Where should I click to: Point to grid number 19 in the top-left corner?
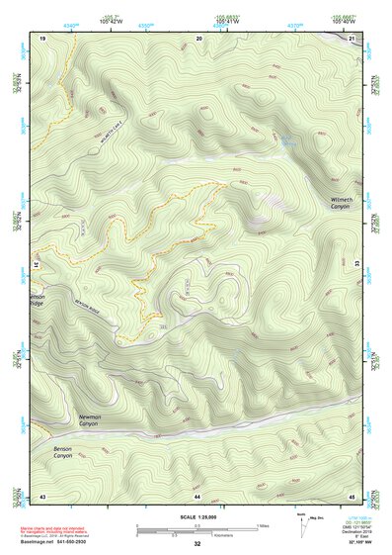[x=43, y=38]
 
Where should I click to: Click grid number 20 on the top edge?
[x=199, y=38]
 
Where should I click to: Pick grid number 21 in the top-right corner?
[x=353, y=38]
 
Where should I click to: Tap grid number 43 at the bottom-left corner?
[x=43, y=495]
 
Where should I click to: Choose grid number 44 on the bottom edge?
[x=197, y=495]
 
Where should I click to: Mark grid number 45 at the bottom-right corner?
[x=353, y=495]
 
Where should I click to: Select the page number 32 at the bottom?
[x=197, y=545]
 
